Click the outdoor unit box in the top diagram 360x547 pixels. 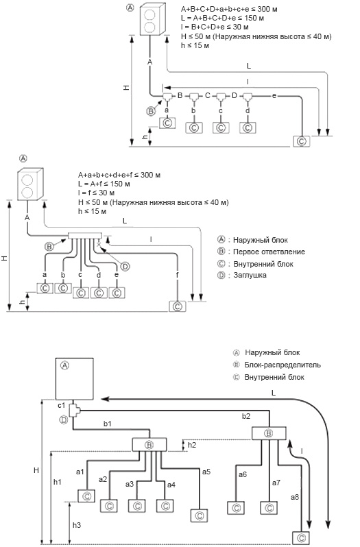152,19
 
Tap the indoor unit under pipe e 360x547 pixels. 302,141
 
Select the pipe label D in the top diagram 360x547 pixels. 234,95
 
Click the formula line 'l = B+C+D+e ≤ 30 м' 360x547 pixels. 215,27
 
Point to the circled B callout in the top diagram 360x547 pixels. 151,111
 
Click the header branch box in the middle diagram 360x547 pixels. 85,236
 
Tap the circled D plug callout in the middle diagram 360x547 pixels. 125,267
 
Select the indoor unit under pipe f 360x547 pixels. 178,306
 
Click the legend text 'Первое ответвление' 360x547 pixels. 269,252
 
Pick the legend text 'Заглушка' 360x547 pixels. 250,276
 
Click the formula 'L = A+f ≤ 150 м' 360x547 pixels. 104,184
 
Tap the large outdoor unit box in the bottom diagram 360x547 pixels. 75,378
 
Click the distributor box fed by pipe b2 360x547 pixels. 269,434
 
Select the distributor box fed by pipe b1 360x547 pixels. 149,445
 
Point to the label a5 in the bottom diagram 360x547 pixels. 206,472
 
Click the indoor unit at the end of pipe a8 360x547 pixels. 302,537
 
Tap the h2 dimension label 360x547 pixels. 192,445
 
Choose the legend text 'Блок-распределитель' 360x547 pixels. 283,365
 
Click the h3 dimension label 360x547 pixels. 77,524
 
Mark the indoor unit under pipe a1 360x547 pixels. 86,496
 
